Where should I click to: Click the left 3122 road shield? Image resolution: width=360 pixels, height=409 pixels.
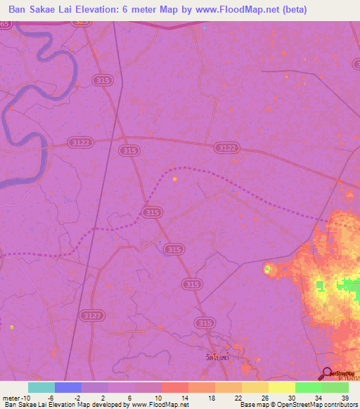[80, 142]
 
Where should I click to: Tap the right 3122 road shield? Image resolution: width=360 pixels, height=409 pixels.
[226, 148]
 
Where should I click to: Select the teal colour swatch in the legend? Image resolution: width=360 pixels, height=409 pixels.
[41, 387]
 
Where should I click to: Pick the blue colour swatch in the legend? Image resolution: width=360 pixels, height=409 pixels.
[68, 387]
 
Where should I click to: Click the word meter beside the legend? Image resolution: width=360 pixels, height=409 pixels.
[13, 397]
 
